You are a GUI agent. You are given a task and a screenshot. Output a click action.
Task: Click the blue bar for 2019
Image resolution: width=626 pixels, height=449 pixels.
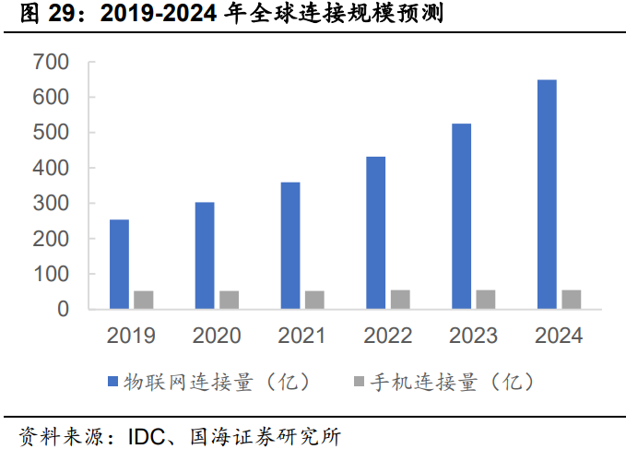(x=119, y=265)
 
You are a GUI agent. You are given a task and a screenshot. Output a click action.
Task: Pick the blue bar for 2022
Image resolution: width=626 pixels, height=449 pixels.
(x=375, y=233)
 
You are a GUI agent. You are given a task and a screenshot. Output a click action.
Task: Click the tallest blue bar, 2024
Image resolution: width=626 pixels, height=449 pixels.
(x=547, y=195)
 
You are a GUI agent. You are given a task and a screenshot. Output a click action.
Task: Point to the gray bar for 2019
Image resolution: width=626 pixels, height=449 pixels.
(x=143, y=301)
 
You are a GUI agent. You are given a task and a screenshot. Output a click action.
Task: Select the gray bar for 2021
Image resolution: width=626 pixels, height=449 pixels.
(x=314, y=301)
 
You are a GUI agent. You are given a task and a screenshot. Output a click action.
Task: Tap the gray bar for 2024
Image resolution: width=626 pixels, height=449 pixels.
(x=571, y=300)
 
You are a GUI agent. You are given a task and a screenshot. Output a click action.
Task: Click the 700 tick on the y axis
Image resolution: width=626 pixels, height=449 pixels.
(x=51, y=63)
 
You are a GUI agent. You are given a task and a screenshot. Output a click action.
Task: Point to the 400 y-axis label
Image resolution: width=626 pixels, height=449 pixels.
(x=51, y=169)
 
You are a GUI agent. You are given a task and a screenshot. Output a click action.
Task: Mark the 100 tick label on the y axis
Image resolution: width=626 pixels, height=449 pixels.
(x=51, y=275)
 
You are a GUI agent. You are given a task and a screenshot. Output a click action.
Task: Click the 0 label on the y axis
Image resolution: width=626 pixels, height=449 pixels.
(x=64, y=310)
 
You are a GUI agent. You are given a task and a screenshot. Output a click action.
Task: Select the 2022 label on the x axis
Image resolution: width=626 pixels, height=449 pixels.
(x=387, y=336)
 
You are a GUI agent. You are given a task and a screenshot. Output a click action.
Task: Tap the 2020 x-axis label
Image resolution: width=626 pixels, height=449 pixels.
(x=217, y=336)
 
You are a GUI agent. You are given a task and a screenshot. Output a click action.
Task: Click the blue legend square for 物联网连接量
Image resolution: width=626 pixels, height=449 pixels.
(x=112, y=382)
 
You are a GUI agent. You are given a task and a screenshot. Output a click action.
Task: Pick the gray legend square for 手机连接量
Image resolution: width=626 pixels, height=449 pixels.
(x=359, y=382)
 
